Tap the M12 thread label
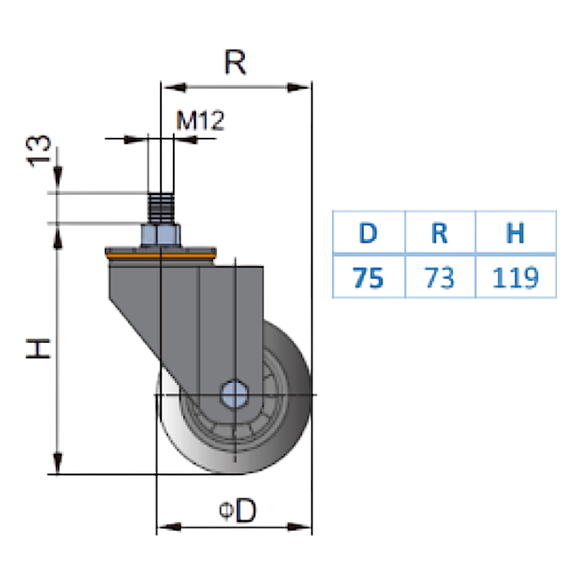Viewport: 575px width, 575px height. (x=200, y=121)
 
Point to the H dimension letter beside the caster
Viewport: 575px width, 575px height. (x=39, y=348)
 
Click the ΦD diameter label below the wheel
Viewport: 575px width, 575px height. (x=237, y=511)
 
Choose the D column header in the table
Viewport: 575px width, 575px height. (x=368, y=233)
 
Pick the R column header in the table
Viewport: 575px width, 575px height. (x=440, y=233)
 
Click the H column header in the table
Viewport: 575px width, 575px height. (x=515, y=233)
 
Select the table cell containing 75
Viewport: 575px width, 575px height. (x=368, y=278)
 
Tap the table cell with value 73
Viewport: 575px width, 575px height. (x=440, y=278)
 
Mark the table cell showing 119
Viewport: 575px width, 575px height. (x=515, y=278)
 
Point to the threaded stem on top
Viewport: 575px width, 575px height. (x=160, y=208)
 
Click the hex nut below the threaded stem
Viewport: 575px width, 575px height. (x=160, y=235)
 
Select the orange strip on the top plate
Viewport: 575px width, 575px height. (x=160, y=255)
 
